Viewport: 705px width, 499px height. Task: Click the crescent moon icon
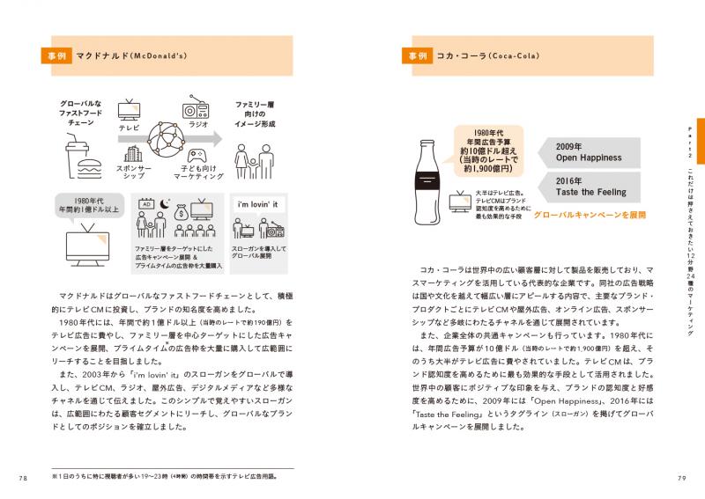tap(163, 204)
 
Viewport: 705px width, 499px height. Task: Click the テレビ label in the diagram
tap(130, 127)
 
